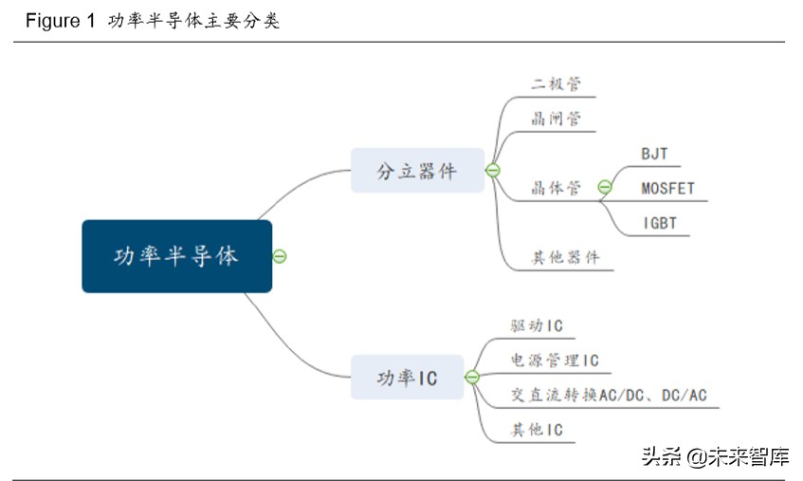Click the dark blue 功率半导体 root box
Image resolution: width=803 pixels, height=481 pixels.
pos(176,256)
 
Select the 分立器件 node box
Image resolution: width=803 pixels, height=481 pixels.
pos(417,171)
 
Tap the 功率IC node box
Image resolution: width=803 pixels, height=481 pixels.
pos(408,377)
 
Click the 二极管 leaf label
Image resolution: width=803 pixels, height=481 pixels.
pos(556,83)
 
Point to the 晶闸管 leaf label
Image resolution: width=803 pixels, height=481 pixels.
pos(556,120)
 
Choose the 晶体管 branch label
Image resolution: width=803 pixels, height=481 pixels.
pos(556,188)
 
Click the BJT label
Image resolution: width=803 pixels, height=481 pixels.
pos(654,154)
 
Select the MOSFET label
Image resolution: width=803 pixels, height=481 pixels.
pos(667,188)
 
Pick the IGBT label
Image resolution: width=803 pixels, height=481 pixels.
pos(659,223)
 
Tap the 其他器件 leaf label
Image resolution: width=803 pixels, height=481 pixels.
pos(565,257)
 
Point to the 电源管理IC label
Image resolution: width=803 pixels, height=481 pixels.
pos(555,361)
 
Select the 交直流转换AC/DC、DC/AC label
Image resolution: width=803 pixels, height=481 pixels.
pos(609,395)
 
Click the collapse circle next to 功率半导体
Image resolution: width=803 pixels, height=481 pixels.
pos(280,256)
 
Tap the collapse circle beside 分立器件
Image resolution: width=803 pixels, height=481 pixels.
pos(492,171)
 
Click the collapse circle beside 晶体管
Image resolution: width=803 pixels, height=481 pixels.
pos(605,188)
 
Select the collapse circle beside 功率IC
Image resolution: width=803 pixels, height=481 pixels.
pos(472,377)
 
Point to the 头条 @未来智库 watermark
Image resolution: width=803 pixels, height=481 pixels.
pos(716,457)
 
